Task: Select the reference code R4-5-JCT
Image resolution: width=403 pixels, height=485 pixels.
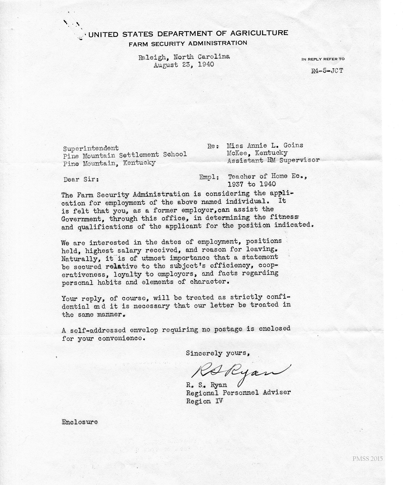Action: [x=327, y=71]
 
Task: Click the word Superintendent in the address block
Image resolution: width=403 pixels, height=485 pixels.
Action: [x=91, y=148]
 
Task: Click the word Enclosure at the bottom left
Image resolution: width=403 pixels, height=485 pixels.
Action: [x=80, y=422]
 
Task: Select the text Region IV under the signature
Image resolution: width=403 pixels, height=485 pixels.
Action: [x=204, y=401]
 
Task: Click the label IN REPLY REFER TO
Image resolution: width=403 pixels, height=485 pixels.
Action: [x=323, y=59]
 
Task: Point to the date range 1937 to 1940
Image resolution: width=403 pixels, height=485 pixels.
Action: [x=251, y=184]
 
